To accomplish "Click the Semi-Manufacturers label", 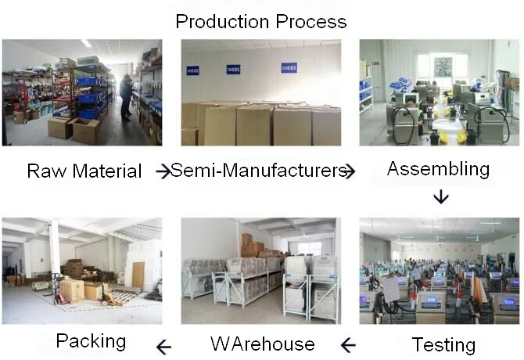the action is click(x=257, y=170).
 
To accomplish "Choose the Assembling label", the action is click(x=438, y=168).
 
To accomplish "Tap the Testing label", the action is click(x=443, y=344).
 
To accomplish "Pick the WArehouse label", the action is click(x=262, y=344).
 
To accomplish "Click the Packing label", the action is click(x=91, y=340).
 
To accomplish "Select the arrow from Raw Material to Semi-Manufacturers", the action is click(x=163, y=171).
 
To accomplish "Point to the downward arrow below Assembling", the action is click(x=441, y=196).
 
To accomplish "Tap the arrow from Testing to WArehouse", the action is click(x=348, y=344).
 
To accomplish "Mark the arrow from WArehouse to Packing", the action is click(x=164, y=344).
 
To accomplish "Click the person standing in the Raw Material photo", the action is click(x=126, y=95).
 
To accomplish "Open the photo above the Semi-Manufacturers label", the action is click(x=260, y=92).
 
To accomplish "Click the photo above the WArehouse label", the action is click(x=260, y=271).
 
